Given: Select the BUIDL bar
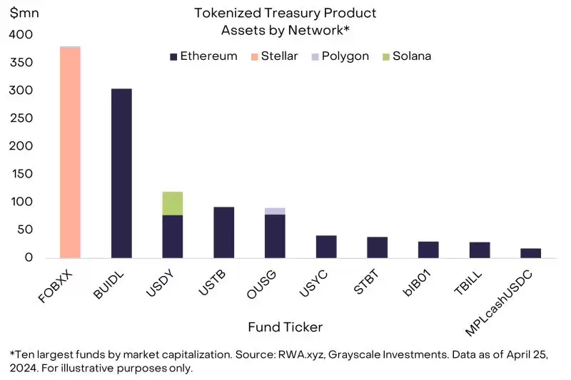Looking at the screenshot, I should [121, 173].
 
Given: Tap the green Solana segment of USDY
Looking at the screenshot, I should [172, 203].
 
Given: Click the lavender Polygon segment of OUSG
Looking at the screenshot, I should [275, 211].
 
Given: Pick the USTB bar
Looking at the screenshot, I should [223, 232].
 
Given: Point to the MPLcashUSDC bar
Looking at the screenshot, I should [530, 252].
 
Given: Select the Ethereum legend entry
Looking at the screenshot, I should [203, 56].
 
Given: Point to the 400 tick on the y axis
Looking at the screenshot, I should [21, 35].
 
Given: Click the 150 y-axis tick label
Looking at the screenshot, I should [21, 174].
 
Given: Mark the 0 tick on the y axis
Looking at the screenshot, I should [28, 257].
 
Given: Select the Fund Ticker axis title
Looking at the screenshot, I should [285, 327].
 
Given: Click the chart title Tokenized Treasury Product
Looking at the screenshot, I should [285, 14].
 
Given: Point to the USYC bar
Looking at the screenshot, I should [326, 246].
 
